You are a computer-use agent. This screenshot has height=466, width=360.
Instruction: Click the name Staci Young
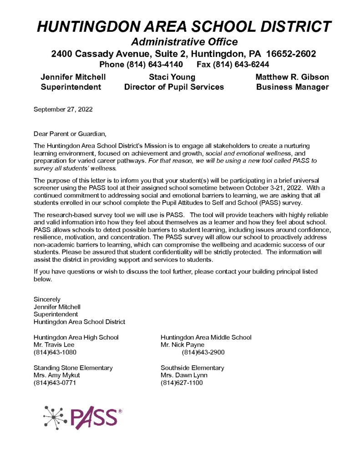[172, 77]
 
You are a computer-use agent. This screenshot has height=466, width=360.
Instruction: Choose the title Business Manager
[292, 87]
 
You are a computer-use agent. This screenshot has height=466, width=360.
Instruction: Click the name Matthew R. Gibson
[292, 77]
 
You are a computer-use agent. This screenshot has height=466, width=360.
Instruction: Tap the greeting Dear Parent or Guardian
[70, 134]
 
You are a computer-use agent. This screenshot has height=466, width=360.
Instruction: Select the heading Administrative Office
[184, 42]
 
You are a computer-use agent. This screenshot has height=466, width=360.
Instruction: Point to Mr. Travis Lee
[51, 344]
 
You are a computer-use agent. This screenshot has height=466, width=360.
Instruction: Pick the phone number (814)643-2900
[203, 352]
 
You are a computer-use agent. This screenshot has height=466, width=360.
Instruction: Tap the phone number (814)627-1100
[182, 383]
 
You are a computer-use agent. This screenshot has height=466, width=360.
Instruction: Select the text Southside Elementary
[192, 368]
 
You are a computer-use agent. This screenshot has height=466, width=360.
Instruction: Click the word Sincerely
[47, 299]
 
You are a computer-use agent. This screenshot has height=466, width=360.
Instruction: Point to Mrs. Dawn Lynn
[184, 375]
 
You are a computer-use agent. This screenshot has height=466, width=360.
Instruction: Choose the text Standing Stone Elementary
[73, 368]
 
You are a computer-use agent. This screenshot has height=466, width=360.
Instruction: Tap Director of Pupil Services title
[174, 87]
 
